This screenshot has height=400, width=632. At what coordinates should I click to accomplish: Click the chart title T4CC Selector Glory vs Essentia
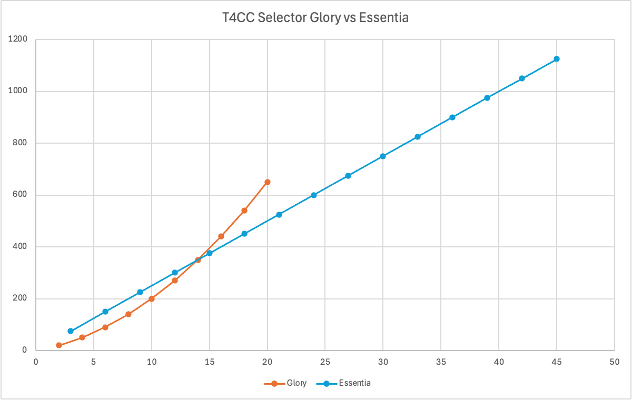pyautogui.click(x=316, y=17)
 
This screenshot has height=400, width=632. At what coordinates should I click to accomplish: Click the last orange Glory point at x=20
pyautogui.click(x=268, y=182)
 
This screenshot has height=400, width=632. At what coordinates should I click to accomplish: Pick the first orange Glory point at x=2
pyautogui.click(x=59, y=345)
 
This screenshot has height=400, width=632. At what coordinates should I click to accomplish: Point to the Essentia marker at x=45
pyautogui.click(x=557, y=59)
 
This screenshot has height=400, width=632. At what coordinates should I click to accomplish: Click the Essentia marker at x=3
pyautogui.click(x=71, y=331)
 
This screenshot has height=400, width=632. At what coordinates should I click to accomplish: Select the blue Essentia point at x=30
pyautogui.click(x=383, y=156)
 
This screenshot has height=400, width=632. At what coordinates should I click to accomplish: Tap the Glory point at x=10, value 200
pyautogui.click(x=152, y=299)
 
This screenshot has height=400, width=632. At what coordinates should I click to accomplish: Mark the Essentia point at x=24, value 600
pyautogui.click(x=314, y=195)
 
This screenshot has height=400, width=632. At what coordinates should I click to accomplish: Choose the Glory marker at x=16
pyautogui.click(x=221, y=236)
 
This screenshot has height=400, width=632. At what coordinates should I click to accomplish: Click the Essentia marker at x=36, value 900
pyautogui.click(x=452, y=117)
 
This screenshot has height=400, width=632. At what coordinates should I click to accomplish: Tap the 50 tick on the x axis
pyautogui.click(x=615, y=362)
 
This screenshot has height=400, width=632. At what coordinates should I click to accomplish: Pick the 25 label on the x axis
pyautogui.click(x=325, y=362)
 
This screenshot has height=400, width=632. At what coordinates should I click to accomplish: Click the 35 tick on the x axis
pyautogui.click(x=441, y=362)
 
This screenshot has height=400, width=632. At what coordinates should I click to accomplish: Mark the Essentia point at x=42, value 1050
pyautogui.click(x=522, y=78)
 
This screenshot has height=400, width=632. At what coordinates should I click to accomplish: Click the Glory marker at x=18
pyautogui.click(x=244, y=211)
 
